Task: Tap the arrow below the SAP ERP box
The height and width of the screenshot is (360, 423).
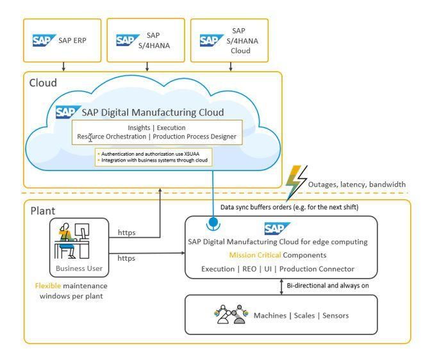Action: tap(63, 66)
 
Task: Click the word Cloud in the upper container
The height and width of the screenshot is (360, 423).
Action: tap(43, 83)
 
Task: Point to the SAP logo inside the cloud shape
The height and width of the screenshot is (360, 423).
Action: tap(67, 113)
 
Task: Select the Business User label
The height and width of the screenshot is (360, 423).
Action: tap(78, 269)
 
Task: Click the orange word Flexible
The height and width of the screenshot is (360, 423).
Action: tap(48, 286)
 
